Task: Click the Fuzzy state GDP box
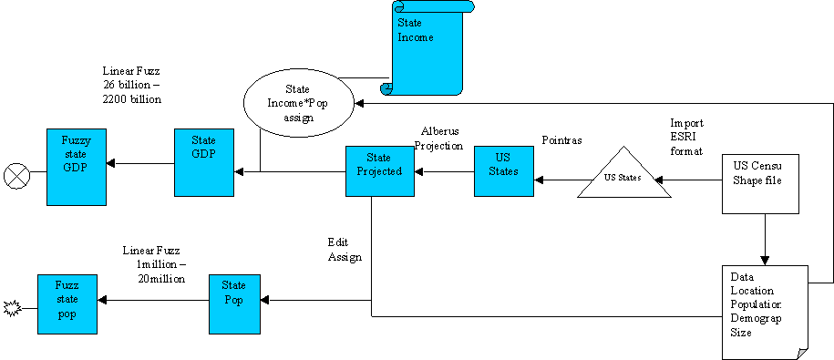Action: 77,162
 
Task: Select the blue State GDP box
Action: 204,162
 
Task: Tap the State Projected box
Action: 378,170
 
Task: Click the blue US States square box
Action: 503,170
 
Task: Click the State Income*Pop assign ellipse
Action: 298,104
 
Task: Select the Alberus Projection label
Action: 443,138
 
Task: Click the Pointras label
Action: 561,142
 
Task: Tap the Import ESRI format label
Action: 686,136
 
